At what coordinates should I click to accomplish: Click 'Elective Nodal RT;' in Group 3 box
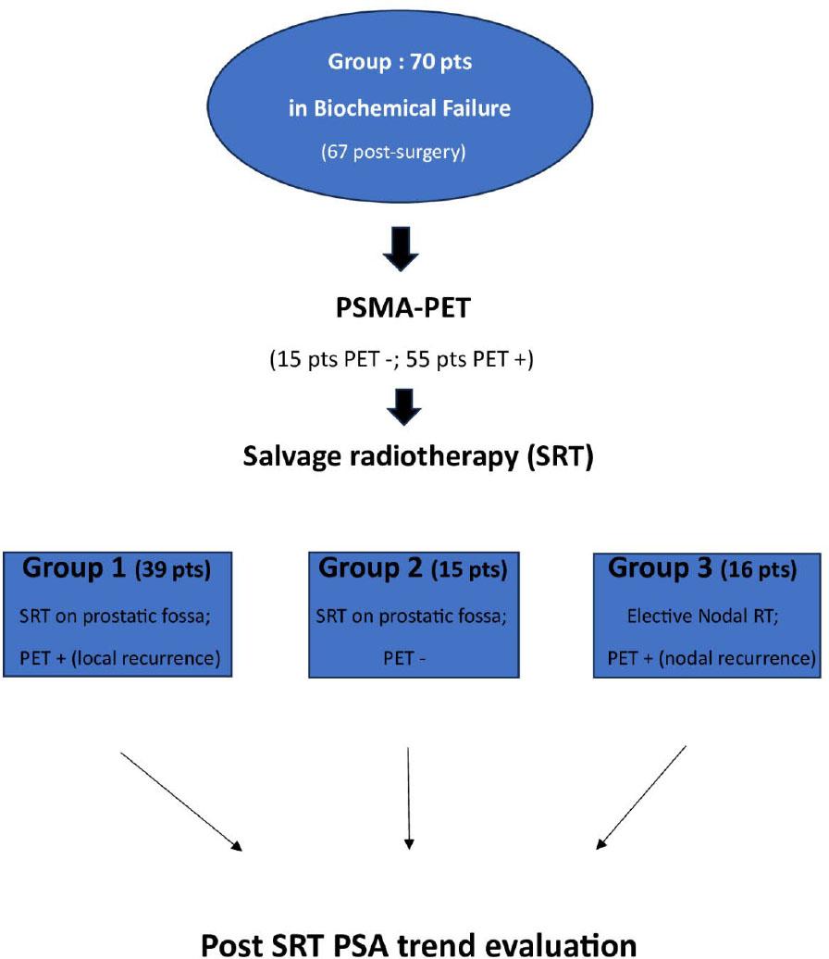pyautogui.click(x=703, y=615)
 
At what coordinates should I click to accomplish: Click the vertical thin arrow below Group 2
pyautogui.click(x=409, y=796)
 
